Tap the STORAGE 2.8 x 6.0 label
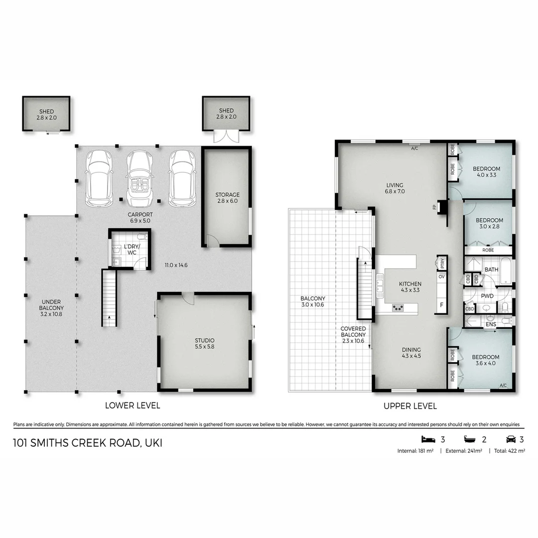[228, 198]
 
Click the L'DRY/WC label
[132, 250]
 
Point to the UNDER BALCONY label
[51, 308]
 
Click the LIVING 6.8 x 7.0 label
[395, 188]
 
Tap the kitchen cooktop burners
[398, 307]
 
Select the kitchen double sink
[380, 285]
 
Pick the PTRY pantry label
[442, 263]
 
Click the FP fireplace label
[435, 207]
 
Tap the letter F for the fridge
[441, 305]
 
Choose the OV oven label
[441, 276]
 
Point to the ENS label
[491, 324]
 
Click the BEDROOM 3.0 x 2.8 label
[489, 223]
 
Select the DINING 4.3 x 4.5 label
[411, 353]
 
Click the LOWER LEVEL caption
[133, 405]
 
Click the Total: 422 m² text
[509, 451]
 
